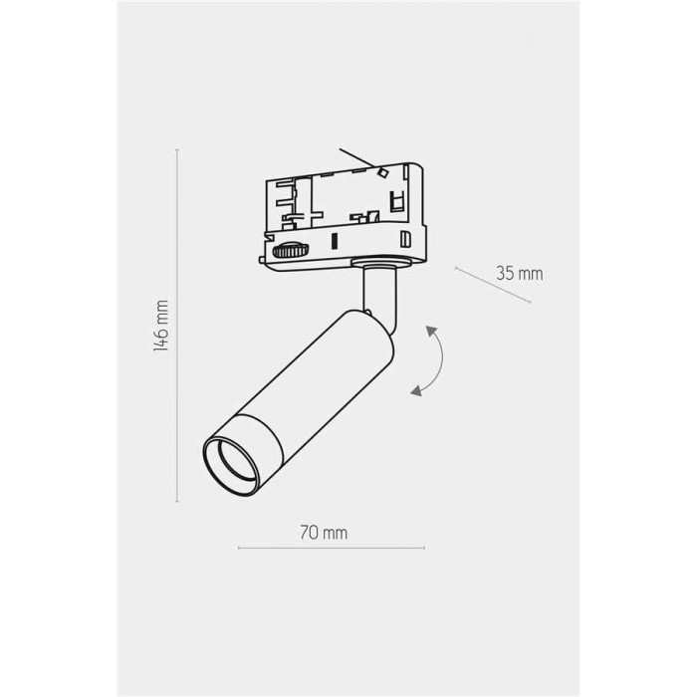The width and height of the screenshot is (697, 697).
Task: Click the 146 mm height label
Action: pyautogui.click(x=161, y=326)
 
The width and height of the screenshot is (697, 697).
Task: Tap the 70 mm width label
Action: pyautogui.click(x=324, y=533)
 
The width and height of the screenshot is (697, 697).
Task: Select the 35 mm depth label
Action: pyautogui.click(x=519, y=274)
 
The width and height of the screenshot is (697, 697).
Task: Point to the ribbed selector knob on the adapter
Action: pyautogui.click(x=291, y=250)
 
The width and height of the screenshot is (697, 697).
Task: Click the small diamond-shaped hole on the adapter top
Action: pyautogui.click(x=381, y=172)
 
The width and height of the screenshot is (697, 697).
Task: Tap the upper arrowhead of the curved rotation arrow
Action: pyautogui.click(x=431, y=332)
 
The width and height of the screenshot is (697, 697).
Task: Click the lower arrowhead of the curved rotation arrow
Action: pyautogui.click(x=416, y=390)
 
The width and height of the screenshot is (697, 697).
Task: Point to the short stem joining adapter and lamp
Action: pyautogui.click(x=378, y=298)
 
